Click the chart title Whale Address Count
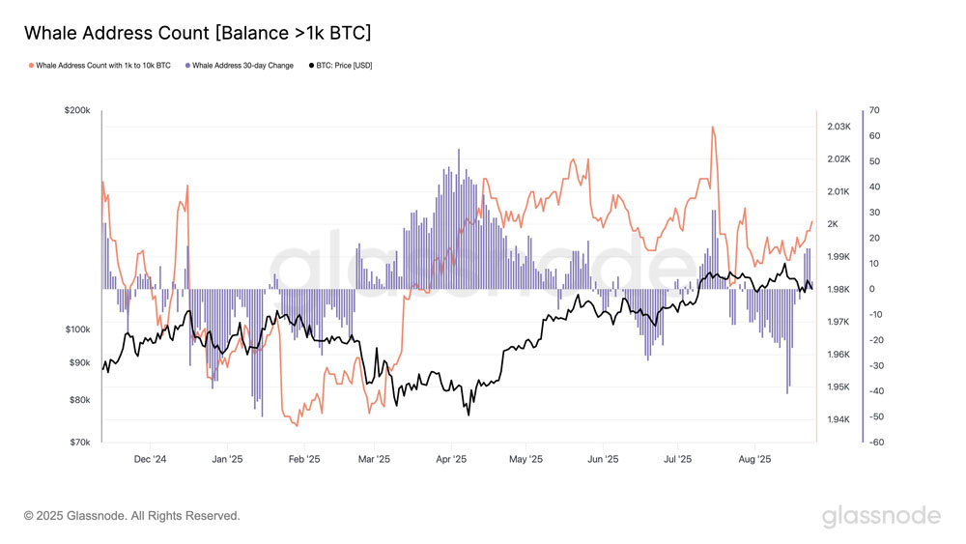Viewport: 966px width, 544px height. click(x=197, y=33)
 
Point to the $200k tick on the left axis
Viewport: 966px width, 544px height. click(x=76, y=111)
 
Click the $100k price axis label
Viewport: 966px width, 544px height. click(x=76, y=329)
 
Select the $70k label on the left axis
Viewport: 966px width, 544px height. click(x=78, y=443)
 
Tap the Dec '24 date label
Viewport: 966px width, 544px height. click(x=151, y=460)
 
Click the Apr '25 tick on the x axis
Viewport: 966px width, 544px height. click(x=451, y=460)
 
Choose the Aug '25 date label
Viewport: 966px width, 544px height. click(x=754, y=460)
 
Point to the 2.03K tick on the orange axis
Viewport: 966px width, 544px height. click(x=838, y=127)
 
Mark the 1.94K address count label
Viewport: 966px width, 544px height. click(x=838, y=419)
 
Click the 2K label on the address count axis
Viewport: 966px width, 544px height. click(x=832, y=224)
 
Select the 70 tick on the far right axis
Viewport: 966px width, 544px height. click(x=873, y=111)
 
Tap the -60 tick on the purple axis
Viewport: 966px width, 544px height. click(x=875, y=443)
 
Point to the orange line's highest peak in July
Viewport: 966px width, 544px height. click(x=712, y=127)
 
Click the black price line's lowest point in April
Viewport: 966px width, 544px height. click(x=469, y=415)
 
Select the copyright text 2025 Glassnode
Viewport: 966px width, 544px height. click(x=131, y=516)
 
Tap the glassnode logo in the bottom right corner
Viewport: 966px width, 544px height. click(x=881, y=516)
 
